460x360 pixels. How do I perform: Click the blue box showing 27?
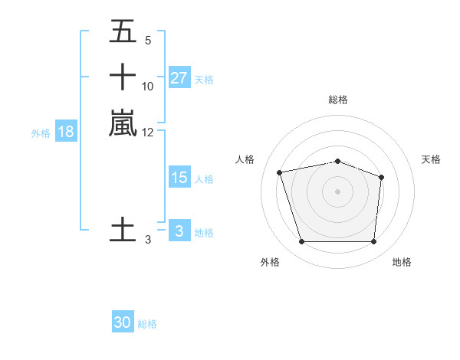pyautogui.click(x=179, y=77)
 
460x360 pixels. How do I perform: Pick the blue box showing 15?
pyautogui.click(x=179, y=178)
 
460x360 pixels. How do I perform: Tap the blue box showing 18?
pyautogui.click(x=66, y=132)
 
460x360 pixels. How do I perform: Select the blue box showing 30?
pyautogui.click(x=123, y=322)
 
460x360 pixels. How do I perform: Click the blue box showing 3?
pyautogui.click(x=179, y=231)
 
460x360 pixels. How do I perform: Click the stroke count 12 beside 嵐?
pyautogui.click(x=148, y=133)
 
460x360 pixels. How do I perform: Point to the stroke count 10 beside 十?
pyautogui.click(x=148, y=87)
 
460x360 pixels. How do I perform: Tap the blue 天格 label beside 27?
pyautogui.click(x=204, y=79)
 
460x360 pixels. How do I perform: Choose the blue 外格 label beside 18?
pyautogui.click(x=41, y=133)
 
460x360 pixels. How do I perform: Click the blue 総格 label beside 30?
pyautogui.click(x=147, y=324)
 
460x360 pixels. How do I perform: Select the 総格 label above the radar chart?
pyautogui.click(x=338, y=100)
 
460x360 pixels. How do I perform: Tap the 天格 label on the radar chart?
pyautogui.click(x=431, y=159)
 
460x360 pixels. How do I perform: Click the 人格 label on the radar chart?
pyautogui.click(x=245, y=159)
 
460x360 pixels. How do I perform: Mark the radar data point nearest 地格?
pyautogui.click(x=373, y=242)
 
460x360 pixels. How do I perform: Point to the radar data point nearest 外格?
pyautogui.click(x=301, y=242)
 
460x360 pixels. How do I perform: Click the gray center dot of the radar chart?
pyautogui.click(x=337, y=191)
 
